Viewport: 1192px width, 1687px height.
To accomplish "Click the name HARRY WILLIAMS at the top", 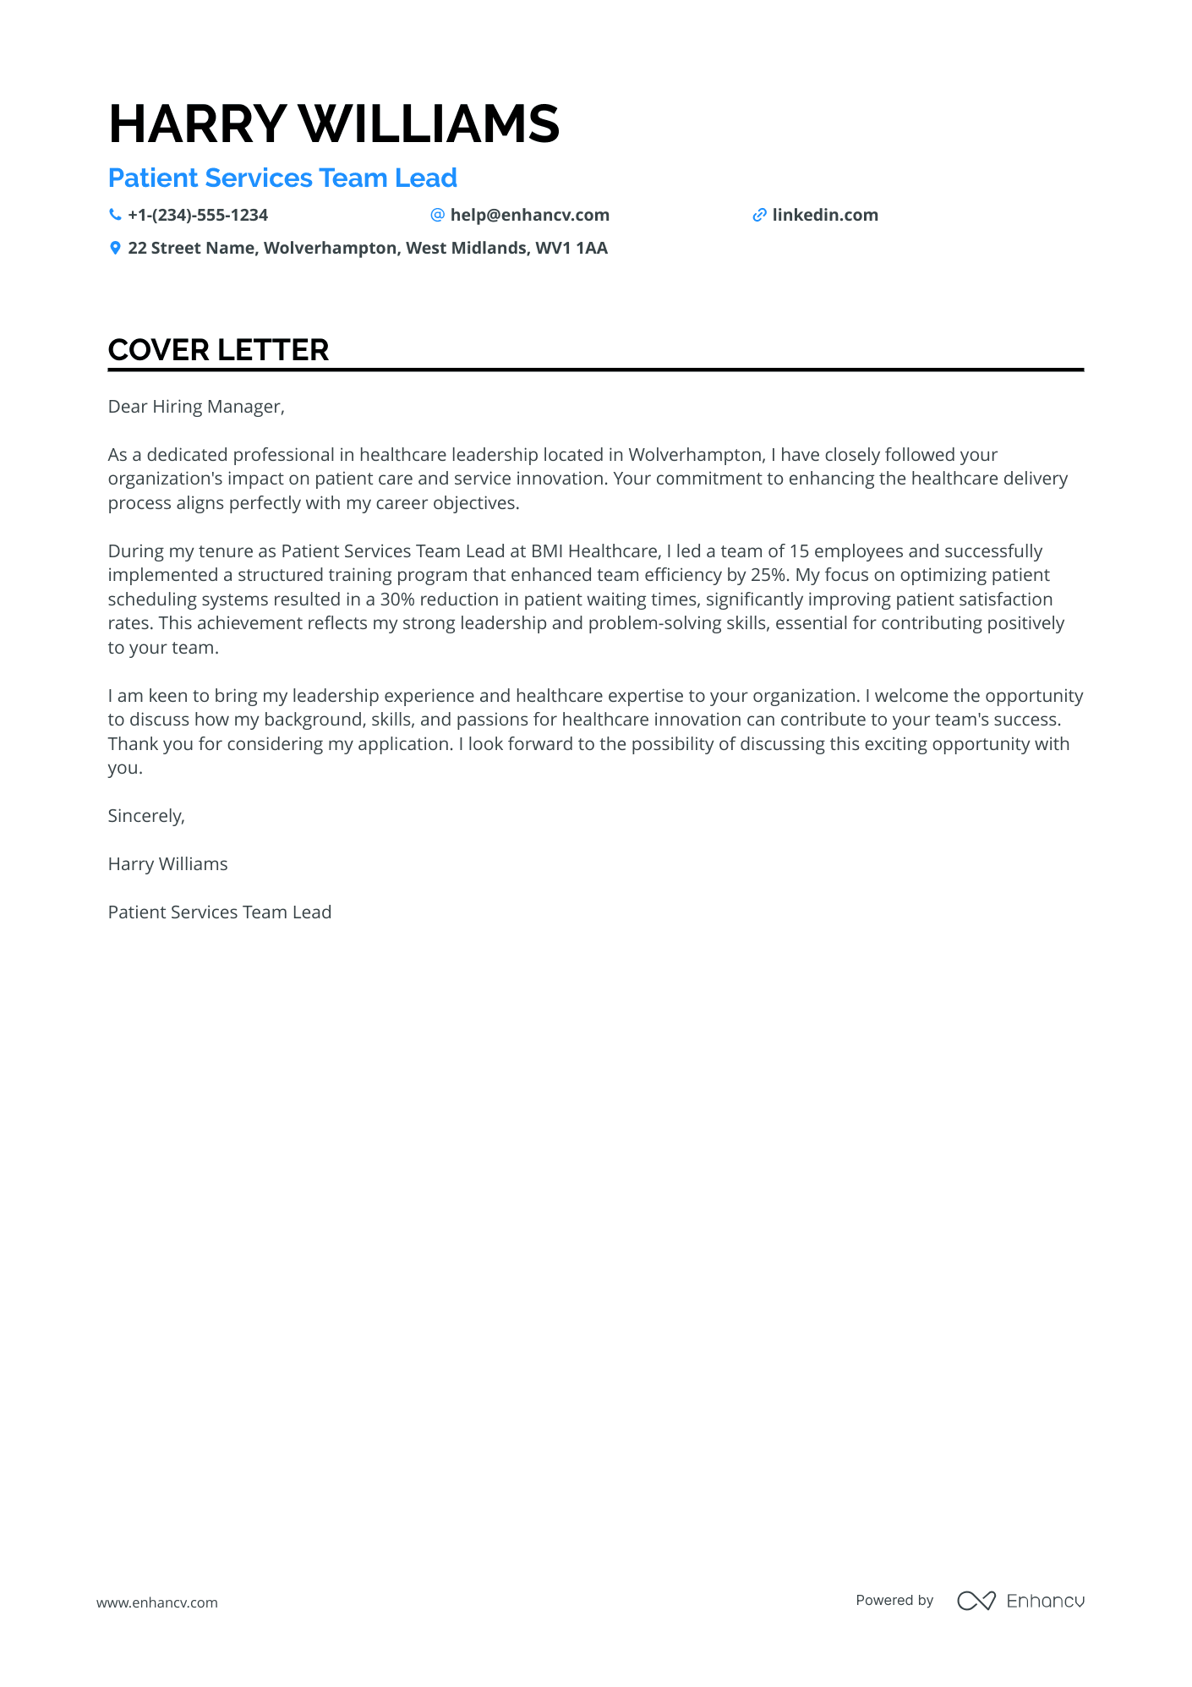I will [x=334, y=124].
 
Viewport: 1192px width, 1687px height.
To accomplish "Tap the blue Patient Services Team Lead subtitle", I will [x=282, y=178].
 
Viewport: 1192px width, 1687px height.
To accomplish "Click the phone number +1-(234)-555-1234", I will [x=198, y=216].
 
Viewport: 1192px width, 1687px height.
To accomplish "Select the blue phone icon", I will [x=115, y=216].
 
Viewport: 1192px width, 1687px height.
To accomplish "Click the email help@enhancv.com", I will [x=529, y=216].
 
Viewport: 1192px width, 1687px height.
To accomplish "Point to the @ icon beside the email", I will [x=437, y=216].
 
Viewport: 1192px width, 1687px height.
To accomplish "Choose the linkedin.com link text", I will [x=824, y=216].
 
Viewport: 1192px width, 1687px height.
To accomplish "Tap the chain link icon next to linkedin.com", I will [x=759, y=216].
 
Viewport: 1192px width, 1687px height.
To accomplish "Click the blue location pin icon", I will [x=115, y=249].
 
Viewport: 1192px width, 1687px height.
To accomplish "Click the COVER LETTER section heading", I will [x=218, y=350].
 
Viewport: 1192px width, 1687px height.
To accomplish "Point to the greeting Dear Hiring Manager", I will [x=196, y=407].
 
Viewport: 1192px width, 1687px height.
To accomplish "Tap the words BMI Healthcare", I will [x=594, y=551].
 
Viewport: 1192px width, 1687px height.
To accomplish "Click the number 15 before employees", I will [x=799, y=551].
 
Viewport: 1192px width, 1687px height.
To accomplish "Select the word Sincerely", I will [x=145, y=816].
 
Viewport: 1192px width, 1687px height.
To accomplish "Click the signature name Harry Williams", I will [x=167, y=864].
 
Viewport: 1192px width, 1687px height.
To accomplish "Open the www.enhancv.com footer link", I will [x=156, y=1602].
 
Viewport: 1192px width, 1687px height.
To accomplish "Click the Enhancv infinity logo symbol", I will [x=976, y=1601].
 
